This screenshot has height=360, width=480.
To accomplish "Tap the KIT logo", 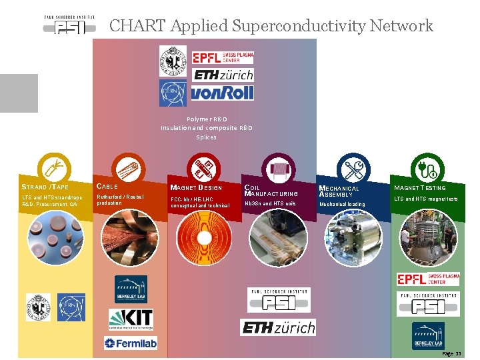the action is pos(131,320).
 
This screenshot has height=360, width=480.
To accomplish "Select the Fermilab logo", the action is pos(130,343).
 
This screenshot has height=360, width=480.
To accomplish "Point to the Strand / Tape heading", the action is pos(45,187).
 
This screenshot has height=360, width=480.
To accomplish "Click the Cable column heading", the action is pos(108,186).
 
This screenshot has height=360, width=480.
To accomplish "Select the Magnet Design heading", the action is pos(196,187).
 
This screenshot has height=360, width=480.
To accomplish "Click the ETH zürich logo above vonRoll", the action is pos(223,75).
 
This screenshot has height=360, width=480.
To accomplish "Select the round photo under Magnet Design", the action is pos(205,239).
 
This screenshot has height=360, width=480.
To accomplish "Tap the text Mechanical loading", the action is pos(343,204).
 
